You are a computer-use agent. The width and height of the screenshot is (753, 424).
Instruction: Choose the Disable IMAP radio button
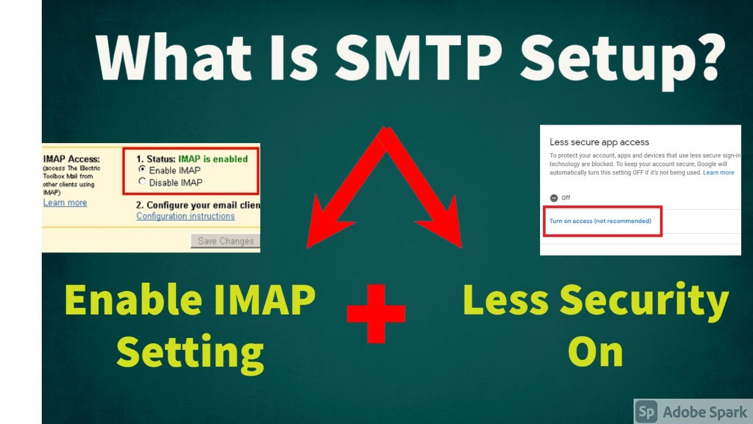point(142,182)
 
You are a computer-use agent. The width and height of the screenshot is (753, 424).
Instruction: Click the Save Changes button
point(225,241)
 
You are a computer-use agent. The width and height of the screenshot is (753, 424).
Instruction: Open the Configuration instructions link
point(185,216)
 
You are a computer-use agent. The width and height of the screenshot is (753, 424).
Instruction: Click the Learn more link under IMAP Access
point(65,203)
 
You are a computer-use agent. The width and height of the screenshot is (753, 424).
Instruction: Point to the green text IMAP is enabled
point(213,158)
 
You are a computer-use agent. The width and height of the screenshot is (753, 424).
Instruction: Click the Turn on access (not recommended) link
point(600,221)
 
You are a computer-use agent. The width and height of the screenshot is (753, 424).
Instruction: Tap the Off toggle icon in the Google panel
point(554,198)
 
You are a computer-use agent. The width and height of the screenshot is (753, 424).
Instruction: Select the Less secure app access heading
point(599,142)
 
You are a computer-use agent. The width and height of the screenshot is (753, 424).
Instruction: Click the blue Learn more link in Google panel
point(718,173)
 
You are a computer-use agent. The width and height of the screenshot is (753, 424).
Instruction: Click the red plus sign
point(376,314)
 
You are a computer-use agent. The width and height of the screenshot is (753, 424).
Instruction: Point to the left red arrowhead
point(326,224)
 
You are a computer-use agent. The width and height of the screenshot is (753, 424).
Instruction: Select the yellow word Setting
point(190,353)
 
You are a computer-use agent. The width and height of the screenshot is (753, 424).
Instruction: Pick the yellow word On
point(595,352)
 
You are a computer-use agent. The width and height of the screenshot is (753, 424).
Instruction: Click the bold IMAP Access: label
point(72,159)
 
